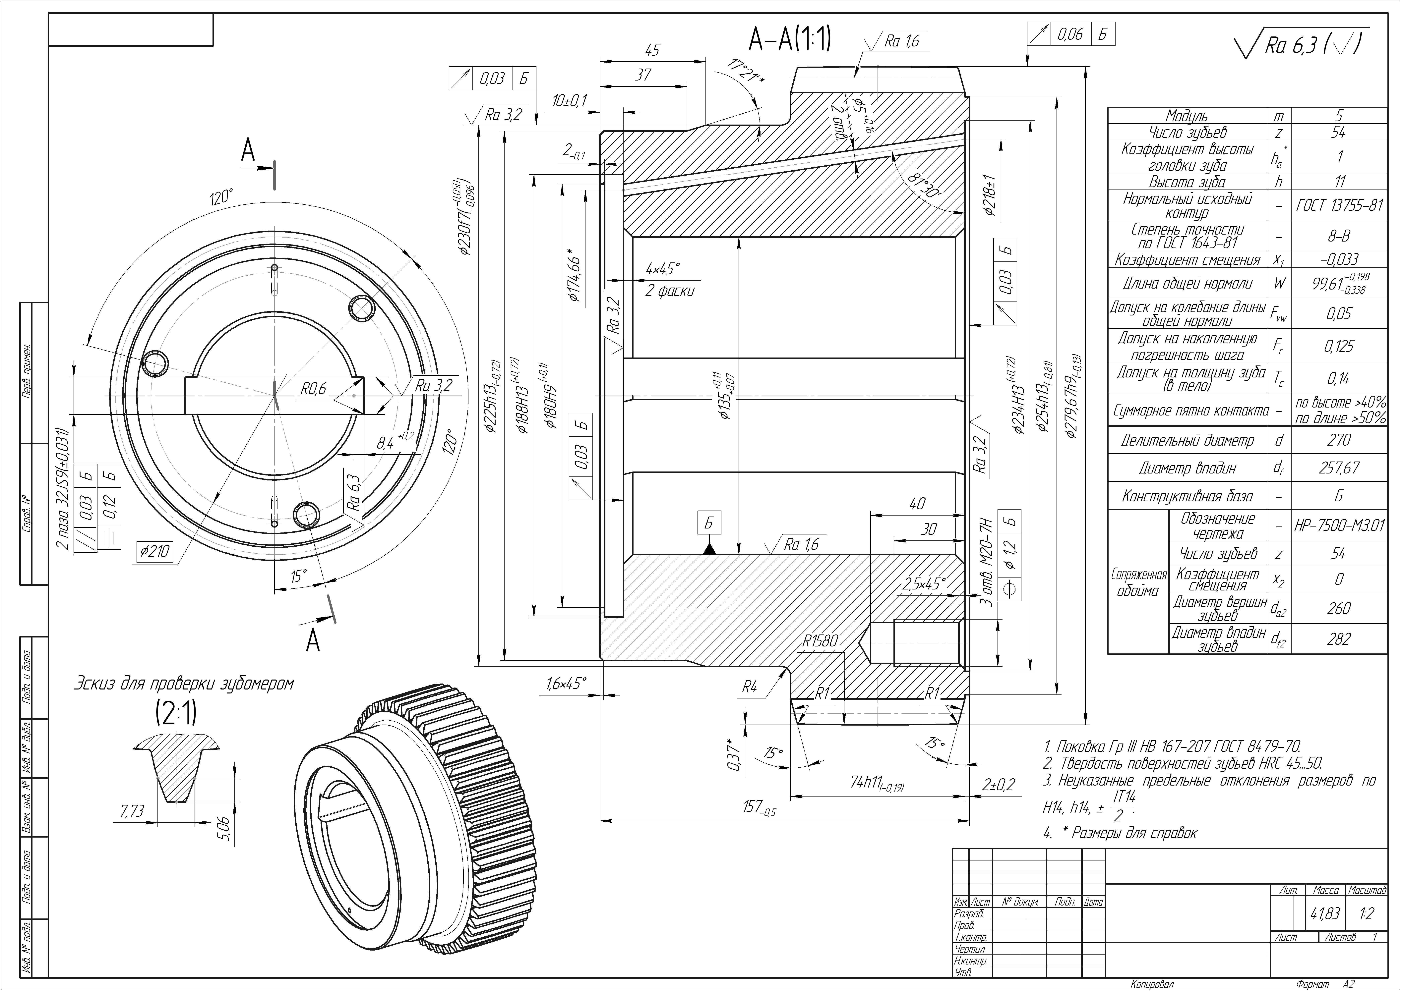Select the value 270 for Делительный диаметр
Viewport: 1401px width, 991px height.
(x=1339, y=440)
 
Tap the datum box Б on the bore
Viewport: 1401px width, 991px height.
(x=709, y=523)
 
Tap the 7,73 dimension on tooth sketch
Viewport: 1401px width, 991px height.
(x=133, y=810)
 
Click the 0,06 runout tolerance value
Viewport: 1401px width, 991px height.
(x=1070, y=34)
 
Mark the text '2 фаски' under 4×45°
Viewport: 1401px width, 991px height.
(x=670, y=291)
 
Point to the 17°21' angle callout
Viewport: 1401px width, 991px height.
(x=745, y=72)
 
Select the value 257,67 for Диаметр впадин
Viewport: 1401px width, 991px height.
(x=1339, y=468)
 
